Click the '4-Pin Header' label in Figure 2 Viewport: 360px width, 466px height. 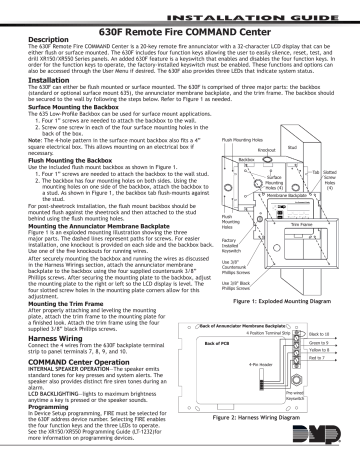click(x=256, y=365)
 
